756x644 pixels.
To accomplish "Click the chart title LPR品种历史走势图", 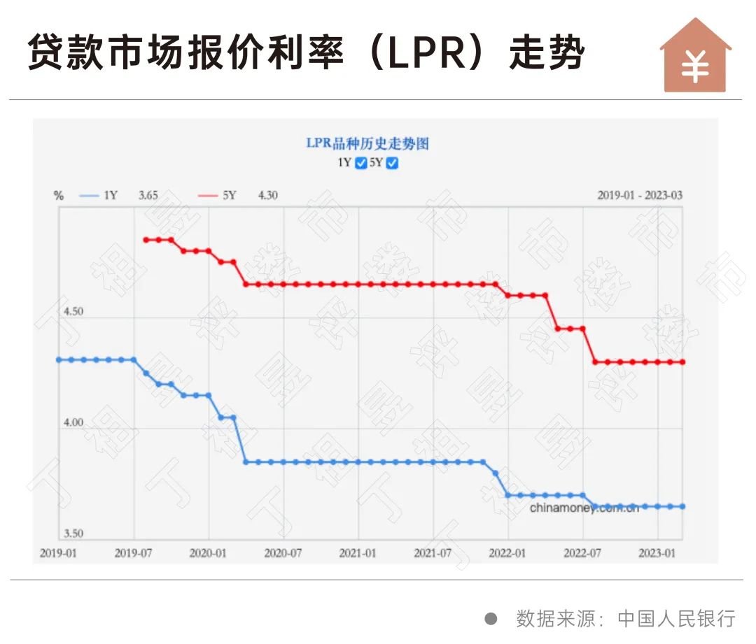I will coord(367,144).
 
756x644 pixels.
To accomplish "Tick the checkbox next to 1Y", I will coord(361,164).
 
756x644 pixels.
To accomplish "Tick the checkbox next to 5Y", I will coord(393,164).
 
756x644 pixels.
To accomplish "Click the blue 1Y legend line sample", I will coord(89,196).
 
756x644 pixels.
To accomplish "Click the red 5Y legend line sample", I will coord(208,196).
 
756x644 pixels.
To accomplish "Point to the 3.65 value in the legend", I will coord(148,196).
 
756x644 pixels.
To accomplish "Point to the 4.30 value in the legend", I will coord(267,196).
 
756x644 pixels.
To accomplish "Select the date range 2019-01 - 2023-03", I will coord(639,196).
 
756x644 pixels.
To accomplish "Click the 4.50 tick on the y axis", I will coord(70,311).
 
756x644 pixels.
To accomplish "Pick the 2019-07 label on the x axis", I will coord(134,553).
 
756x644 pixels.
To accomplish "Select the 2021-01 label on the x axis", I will coord(358,553).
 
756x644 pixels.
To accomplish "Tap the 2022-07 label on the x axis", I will coord(582,553).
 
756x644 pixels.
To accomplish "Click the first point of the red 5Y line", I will coord(146,240).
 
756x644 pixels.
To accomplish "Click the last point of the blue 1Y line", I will coord(682,506).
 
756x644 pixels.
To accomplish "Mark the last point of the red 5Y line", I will coord(682,362).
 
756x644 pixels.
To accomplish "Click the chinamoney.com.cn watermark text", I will coord(584,508).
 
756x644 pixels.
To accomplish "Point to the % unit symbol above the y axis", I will coord(59,196).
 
